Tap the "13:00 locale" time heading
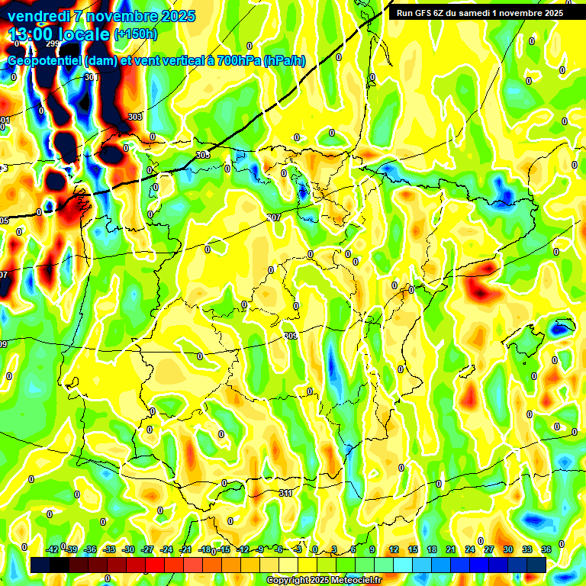pyautogui.click(x=58, y=34)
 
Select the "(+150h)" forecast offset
pyautogui.click(x=136, y=34)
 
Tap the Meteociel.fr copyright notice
pyautogui.click(x=324, y=580)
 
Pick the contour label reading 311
pyautogui.click(x=285, y=493)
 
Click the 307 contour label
pyautogui.click(x=274, y=217)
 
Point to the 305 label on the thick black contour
pyautogui.click(x=202, y=155)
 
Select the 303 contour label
pyautogui.click(x=135, y=117)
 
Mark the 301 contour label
pyautogui.click(x=92, y=77)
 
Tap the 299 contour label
pyautogui.click(x=52, y=44)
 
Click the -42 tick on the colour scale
pyautogui.click(x=53, y=549)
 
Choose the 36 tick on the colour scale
pyautogui.click(x=546, y=549)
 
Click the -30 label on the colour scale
pyautogui.click(x=128, y=549)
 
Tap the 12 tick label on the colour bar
pyautogui.click(x=393, y=549)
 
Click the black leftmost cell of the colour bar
pyautogui.click(x=40, y=565)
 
